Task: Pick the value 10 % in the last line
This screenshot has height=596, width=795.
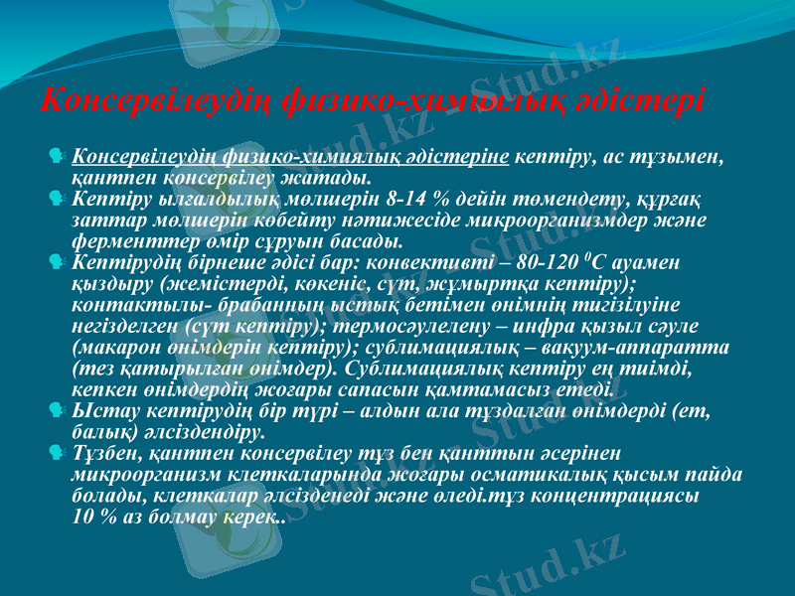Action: tap(96, 518)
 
